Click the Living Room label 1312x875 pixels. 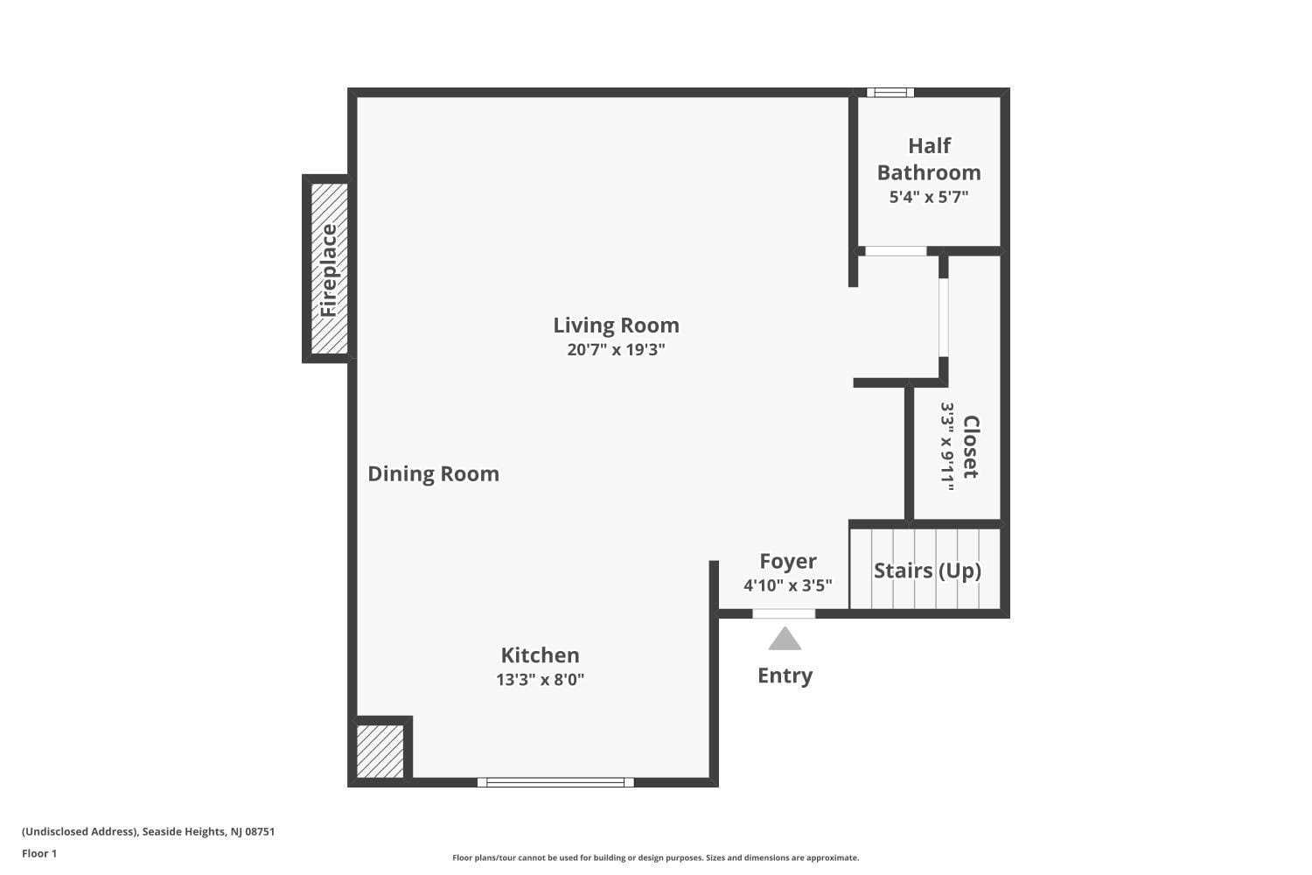[616, 325]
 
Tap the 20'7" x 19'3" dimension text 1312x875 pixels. [616, 350]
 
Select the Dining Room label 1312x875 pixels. [434, 473]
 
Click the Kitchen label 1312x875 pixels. [540, 654]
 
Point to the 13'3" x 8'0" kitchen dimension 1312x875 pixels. [540, 679]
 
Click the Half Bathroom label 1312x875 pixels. [929, 159]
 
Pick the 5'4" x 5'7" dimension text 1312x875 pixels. [929, 197]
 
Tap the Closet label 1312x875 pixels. [971, 446]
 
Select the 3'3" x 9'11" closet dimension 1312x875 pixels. [947, 446]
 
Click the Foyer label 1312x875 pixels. [788, 561]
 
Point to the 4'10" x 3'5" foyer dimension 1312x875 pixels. [788, 585]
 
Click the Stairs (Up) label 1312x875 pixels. [927, 570]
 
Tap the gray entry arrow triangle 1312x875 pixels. [785, 639]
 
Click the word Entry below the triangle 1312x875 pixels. [785, 675]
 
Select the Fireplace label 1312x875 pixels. [329, 270]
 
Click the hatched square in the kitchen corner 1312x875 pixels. [380, 752]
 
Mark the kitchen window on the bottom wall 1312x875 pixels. [555, 782]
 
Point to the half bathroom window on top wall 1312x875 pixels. [890, 93]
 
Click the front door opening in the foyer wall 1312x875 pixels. [784, 613]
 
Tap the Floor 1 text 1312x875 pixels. [39, 853]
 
